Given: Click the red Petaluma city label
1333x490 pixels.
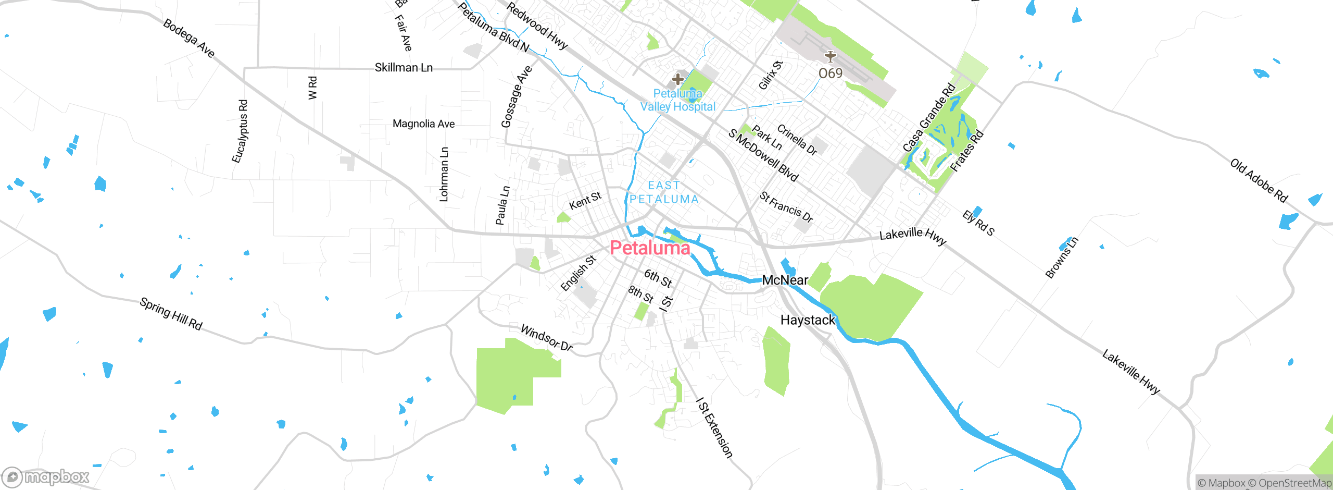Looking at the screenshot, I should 650,248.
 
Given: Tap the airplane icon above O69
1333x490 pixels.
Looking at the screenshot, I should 830,56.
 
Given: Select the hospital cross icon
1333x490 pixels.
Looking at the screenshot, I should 677,79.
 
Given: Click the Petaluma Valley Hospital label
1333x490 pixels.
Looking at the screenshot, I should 677,100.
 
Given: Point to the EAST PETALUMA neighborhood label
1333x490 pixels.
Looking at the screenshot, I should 664,192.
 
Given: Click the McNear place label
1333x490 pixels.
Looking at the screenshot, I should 785,280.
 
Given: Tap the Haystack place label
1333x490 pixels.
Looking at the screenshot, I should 807,320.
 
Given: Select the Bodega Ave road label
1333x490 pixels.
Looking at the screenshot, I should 188,38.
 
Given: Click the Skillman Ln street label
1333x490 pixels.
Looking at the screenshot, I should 404,68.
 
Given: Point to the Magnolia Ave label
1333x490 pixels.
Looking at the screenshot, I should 423,124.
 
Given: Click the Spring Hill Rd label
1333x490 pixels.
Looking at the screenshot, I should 171,314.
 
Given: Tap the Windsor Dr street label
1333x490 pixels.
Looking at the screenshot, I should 547,338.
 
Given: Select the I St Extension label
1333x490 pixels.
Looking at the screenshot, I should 714,428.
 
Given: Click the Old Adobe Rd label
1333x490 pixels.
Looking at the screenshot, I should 1259,180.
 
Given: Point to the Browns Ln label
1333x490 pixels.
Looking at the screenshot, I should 1062,258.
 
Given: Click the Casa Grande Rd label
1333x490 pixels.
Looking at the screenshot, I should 929,118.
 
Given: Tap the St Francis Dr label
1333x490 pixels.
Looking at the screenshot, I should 786,207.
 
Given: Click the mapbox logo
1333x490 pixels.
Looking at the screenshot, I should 46,476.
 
